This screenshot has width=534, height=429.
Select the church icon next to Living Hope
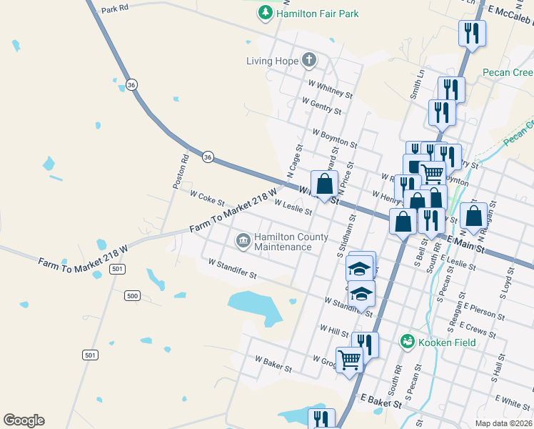(x=309, y=60)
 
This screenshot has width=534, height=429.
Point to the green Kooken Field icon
(x=407, y=342)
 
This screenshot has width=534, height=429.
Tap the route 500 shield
(x=131, y=295)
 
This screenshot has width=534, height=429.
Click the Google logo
(x=24, y=420)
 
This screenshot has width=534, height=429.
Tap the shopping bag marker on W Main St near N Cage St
(x=325, y=184)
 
